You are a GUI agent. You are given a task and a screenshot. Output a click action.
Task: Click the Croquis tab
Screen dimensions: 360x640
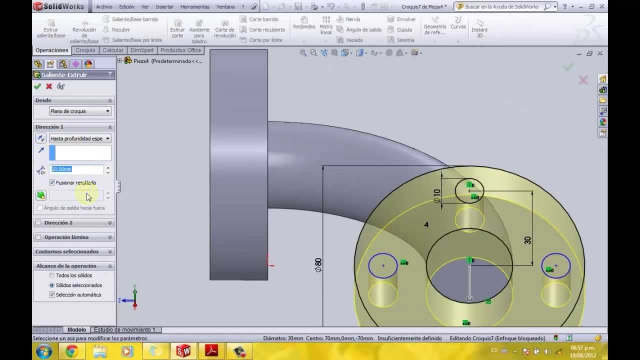(85, 50)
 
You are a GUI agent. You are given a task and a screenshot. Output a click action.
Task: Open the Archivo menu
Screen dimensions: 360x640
(104, 7)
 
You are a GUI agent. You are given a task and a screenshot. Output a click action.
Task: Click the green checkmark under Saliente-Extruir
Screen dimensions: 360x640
(37, 86)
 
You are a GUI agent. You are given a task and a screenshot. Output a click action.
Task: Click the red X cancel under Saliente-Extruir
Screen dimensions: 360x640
(49, 86)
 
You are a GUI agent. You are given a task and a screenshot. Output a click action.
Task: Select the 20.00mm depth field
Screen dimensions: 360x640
(76, 169)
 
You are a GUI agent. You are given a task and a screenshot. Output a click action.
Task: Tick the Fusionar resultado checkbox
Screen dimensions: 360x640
(52, 183)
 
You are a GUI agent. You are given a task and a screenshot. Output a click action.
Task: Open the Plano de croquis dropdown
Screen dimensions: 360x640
(80, 111)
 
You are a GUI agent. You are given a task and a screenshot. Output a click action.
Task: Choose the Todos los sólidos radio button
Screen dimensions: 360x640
(52, 275)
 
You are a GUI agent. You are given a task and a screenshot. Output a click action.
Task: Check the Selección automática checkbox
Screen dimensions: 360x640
(52, 295)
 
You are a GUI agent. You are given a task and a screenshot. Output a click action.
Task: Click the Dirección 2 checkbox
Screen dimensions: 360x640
(39, 223)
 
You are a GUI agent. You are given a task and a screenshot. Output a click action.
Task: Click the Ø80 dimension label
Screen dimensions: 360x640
(318, 265)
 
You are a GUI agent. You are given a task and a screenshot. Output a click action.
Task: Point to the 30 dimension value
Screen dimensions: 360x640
(527, 240)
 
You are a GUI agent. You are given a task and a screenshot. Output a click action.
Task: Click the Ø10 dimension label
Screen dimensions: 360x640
(437, 195)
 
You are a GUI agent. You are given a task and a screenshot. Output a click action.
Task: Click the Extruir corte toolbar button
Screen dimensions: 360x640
(177, 29)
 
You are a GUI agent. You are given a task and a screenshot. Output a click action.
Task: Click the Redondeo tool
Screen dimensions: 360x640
(304, 23)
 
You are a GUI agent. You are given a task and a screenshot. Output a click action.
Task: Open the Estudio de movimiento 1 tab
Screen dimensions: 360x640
(124, 330)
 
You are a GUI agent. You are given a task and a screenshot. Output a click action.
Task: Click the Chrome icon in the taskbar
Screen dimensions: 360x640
(71, 351)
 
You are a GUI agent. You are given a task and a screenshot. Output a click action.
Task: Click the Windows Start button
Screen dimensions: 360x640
(44, 351)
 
